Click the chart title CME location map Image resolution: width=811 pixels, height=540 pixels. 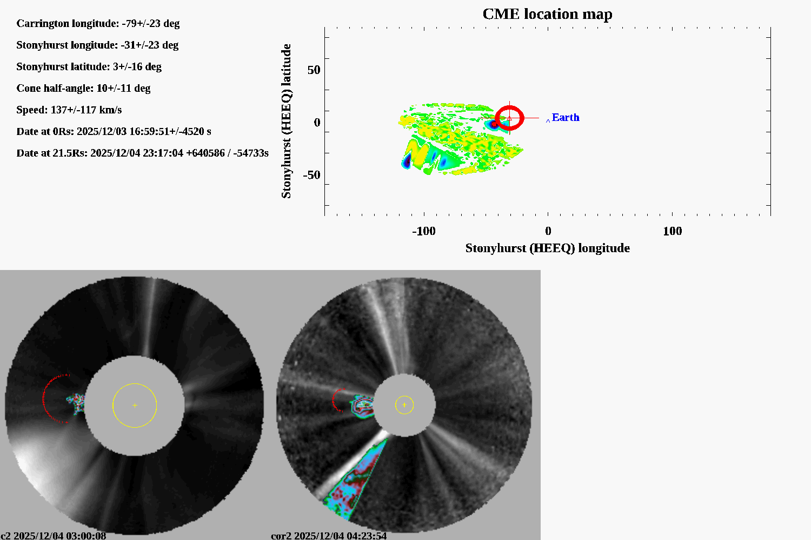click(547, 14)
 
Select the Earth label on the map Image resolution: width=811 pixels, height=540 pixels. click(566, 118)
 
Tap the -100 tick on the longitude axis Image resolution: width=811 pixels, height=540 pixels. click(423, 231)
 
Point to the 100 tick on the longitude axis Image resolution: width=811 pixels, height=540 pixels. click(672, 231)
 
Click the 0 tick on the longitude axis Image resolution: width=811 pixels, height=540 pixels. click(548, 231)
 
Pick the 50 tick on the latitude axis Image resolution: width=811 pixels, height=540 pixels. click(314, 70)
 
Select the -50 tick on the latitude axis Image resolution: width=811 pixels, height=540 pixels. click(311, 175)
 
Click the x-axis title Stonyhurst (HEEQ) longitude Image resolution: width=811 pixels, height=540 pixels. click(547, 248)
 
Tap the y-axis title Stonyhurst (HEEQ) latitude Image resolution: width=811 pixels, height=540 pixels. click(286, 121)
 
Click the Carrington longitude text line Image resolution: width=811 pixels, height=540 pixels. click(98, 23)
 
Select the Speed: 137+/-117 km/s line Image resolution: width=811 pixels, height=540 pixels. click(69, 110)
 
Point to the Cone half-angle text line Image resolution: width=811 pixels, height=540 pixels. click(83, 88)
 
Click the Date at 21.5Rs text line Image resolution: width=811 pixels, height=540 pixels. click(142, 153)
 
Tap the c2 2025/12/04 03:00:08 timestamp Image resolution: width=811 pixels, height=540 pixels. click(54, 536)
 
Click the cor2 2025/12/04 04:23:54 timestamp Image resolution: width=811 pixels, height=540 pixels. click(329, 536)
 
